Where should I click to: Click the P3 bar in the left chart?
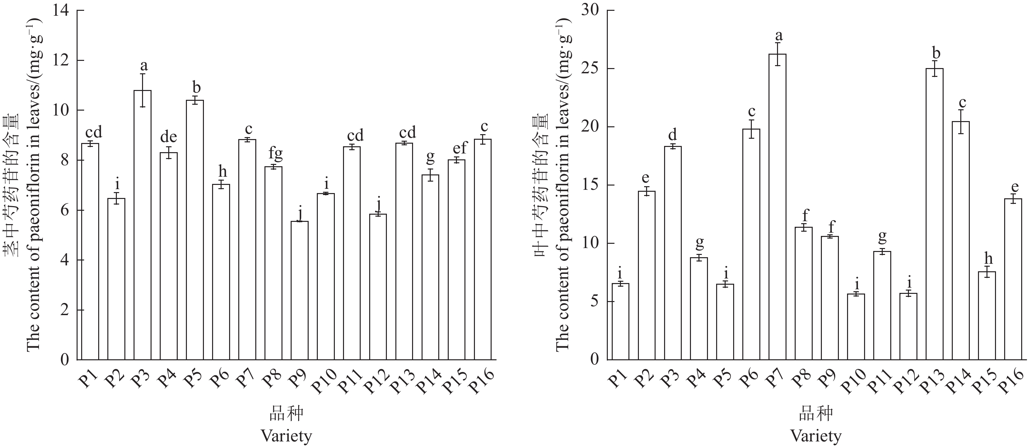pyautogui.click(x=142, y=224)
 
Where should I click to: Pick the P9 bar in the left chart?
pyautogui.click(x=300, y=290)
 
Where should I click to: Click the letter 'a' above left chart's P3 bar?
pyautogui.click(x=143, y=65)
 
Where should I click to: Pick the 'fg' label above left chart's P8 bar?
pyautogui.click(x=275, y=153)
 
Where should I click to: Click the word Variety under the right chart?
pyautogui.click(x=816, y=436)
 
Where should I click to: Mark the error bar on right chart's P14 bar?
pyautogui.click(x=961, y=122)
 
